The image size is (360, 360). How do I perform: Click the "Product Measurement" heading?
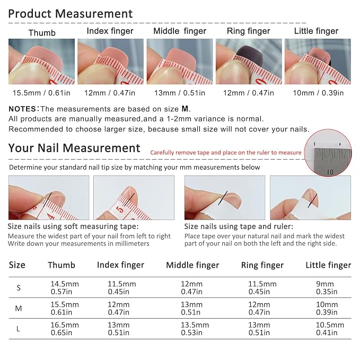pyautogui.click(x=71, y=14)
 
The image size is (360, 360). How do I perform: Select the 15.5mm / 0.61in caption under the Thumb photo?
pyautogui.click(x=41, y=93)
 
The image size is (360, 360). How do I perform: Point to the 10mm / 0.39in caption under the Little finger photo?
pyautogui.click(x=318, y=93)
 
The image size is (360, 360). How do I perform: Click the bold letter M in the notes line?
pyautogui.click(x=185, y=109)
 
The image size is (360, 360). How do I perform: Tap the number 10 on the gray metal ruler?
pyautogui.click(x=330, y=172)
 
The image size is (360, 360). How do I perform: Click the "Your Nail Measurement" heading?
pyautogui.click(x=74, y=148)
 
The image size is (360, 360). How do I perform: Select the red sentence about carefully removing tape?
pyautogui.click(x=226, y=153)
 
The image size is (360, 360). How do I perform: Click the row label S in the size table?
pyautogui.click(x=19, y=288)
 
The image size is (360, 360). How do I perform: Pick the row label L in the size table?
pyautogui.click(x=18, y=329)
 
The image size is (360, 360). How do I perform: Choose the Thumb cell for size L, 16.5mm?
pyautogui.click(x=65, y=329)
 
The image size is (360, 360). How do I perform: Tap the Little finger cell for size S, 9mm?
pyautogui.click(x=327, y=288)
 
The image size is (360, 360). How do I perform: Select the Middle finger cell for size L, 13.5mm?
pyautogui.click(x=195, y=329)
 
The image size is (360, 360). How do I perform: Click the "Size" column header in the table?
pyautogui.click(x=17, y=265)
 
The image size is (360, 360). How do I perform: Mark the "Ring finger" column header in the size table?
pyautogui.click(x=262, y=265)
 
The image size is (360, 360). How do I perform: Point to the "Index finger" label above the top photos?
pyautogui.click(x=110, y=31)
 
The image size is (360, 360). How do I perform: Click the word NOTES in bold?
pyautogui.click(x=22, y=109)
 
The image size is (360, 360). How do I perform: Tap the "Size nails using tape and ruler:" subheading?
pyautogui.click(x=239, y=226)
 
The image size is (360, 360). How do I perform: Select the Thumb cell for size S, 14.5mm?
pyautogui.click(x=65, y=288)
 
